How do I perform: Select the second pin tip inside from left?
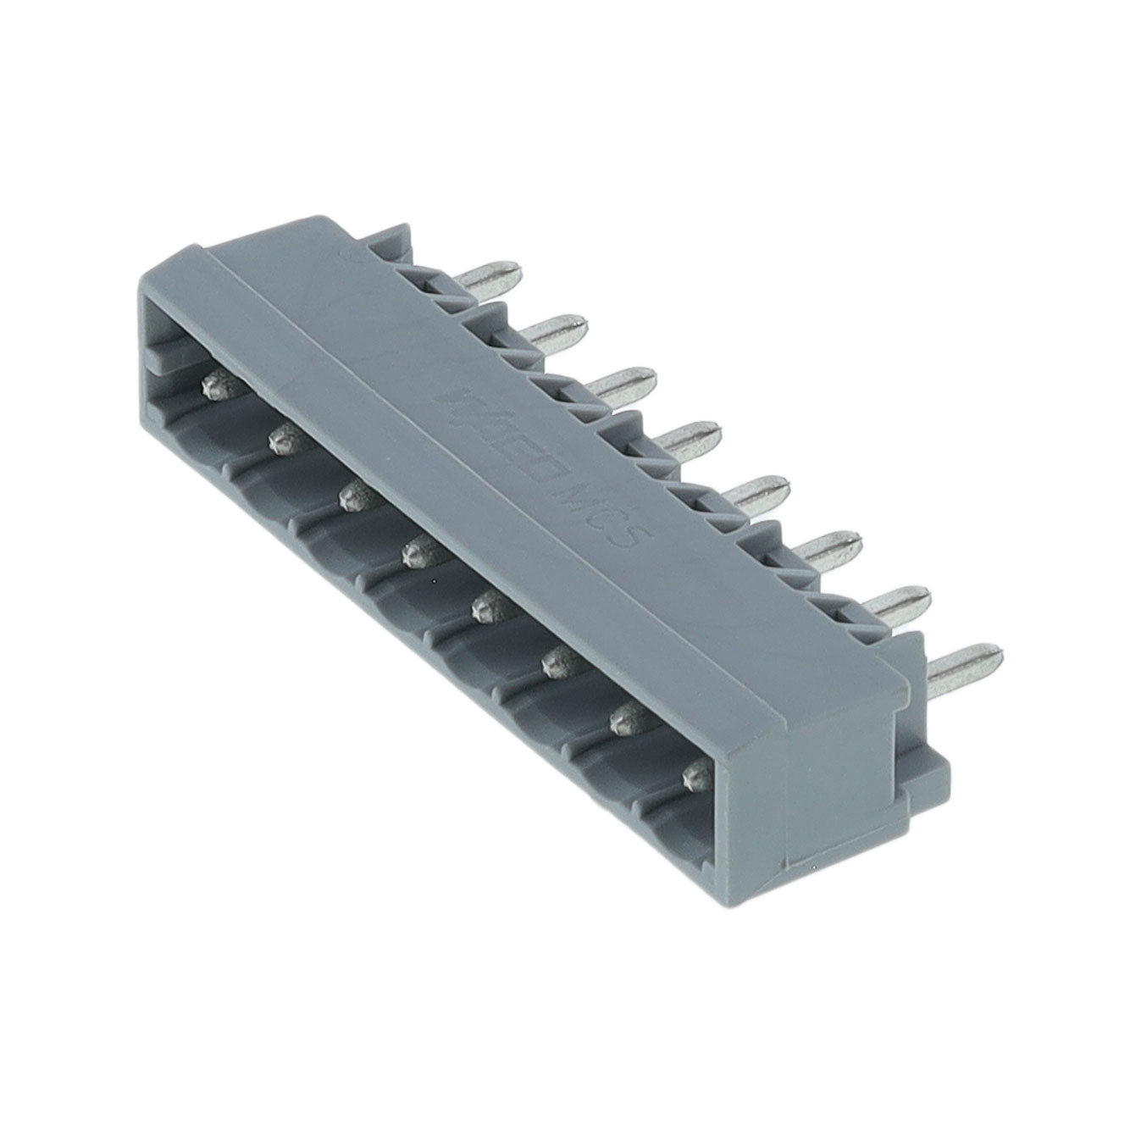click(281, 438)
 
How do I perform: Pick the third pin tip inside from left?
click(351, 496)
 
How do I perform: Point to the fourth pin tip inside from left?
click(416, 553)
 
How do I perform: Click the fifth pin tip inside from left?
click(486, 607)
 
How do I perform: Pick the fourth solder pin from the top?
click(690, 436)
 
